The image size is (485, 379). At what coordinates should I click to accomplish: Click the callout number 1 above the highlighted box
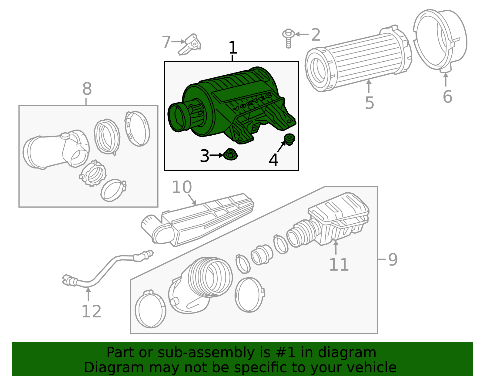(232, 48)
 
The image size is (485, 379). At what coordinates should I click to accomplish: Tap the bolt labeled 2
(289, 38)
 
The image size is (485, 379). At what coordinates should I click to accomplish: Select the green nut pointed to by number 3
(230, 155)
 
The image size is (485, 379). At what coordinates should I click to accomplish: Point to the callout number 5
(370, 103)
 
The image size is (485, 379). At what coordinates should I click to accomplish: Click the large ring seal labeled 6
(440, 39)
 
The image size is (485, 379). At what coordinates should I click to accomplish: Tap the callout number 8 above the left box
(87, 89)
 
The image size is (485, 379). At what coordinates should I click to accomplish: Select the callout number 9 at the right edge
(393, 260)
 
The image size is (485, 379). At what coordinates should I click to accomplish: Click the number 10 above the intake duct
(182, 187)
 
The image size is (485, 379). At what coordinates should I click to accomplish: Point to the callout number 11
(339, 265)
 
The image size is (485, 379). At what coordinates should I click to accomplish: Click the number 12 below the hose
(91, 312)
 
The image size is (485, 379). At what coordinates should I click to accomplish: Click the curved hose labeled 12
(103, 270)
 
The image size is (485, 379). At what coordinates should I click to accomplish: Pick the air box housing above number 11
(339, 218)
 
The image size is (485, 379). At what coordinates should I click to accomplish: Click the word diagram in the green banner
(354, 353)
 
